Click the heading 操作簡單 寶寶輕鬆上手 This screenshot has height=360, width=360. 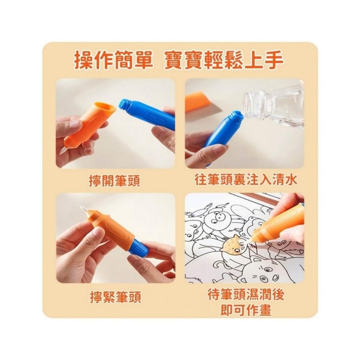(179, 60)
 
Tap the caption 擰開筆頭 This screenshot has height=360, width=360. (114, 181)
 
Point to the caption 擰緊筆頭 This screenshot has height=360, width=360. (115, 297)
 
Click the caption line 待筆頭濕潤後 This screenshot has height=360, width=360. (246, 294)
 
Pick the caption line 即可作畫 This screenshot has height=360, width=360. (246, 310)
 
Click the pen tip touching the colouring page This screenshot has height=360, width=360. (248, 242)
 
